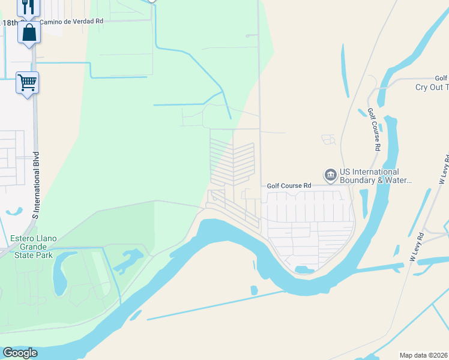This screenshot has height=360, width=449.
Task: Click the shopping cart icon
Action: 27,82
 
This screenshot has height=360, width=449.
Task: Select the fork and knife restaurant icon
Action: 28,6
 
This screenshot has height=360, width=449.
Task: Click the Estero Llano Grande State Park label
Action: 34,247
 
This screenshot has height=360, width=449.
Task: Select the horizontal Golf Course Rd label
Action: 289,186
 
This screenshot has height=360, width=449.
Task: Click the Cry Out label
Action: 432,88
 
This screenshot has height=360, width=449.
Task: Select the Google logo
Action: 20,353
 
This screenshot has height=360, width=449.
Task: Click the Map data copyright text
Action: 424,355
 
